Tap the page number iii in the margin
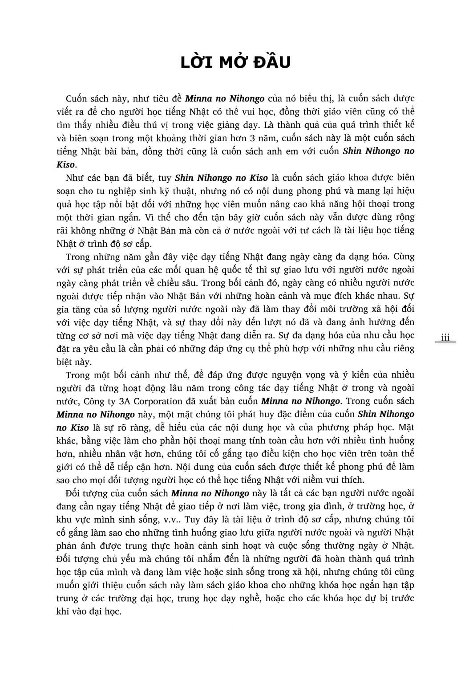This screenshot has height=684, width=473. click(445, 338)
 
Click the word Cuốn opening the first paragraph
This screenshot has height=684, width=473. click(78, 98)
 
